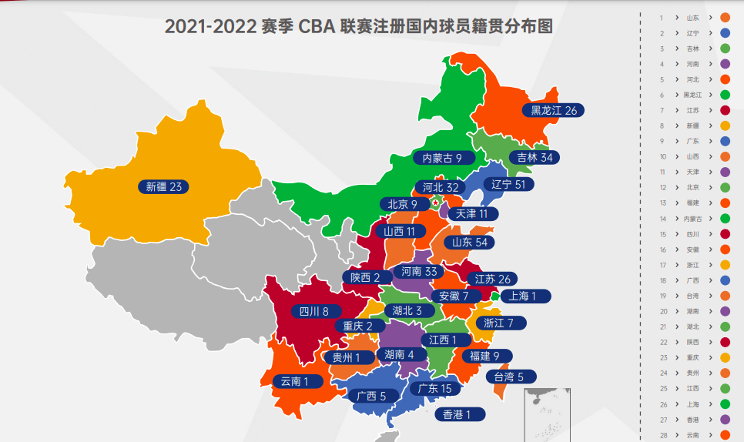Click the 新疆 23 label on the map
163,186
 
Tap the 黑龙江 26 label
554,110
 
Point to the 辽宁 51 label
512,185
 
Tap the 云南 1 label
295,380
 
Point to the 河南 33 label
420,271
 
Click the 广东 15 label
435,388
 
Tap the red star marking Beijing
435,203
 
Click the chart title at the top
359,26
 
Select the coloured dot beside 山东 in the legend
725,17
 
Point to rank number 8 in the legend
662,126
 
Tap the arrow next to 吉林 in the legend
709,49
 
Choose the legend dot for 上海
725,403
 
